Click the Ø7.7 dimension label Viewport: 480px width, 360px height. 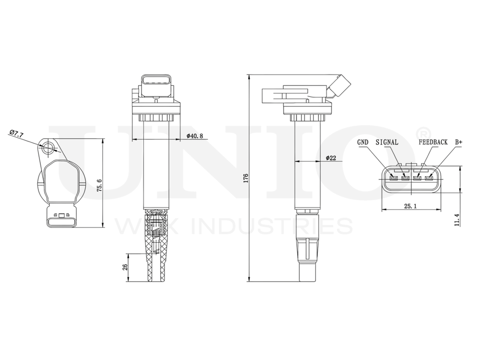[x=16, y=134]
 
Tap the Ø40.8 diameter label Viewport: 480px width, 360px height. [x=195, y=136]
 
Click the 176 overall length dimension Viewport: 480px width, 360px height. [x=246, y=178]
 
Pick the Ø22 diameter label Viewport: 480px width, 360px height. [x=330, y=157]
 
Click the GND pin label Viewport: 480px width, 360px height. [x=363, y=143]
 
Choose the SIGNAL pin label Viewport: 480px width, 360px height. [x=387, y=143]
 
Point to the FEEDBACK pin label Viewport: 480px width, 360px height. [x=433, y=143]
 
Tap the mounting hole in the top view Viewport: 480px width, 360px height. [x=48, y=148]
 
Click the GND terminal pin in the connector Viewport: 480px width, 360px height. [x=393, y=180]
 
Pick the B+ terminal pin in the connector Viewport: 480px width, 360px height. [x=429, y=180]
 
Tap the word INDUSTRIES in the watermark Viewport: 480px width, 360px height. [x=271, y=226]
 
